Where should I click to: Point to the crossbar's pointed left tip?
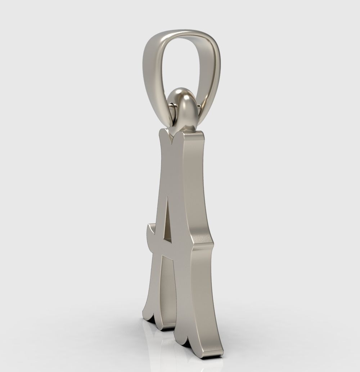point(148,227)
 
